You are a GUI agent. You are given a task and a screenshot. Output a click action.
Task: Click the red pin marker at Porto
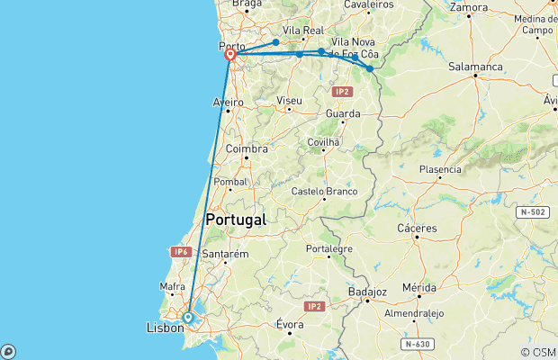(x=230, y=55)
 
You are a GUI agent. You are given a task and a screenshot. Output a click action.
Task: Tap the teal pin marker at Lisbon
(x=187, y=317)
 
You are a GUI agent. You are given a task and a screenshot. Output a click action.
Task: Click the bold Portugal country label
(x=236, y=220)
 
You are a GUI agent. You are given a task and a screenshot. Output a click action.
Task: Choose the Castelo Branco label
(x=325, y=192)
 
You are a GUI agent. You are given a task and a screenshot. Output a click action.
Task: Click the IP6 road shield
(x=181, y=252)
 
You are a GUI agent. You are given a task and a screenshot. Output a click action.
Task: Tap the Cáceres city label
(x=418, y=228)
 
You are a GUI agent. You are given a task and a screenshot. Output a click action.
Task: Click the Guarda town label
(x=343, y=113)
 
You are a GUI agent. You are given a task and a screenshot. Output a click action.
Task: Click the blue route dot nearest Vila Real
(x=275, y=42)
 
